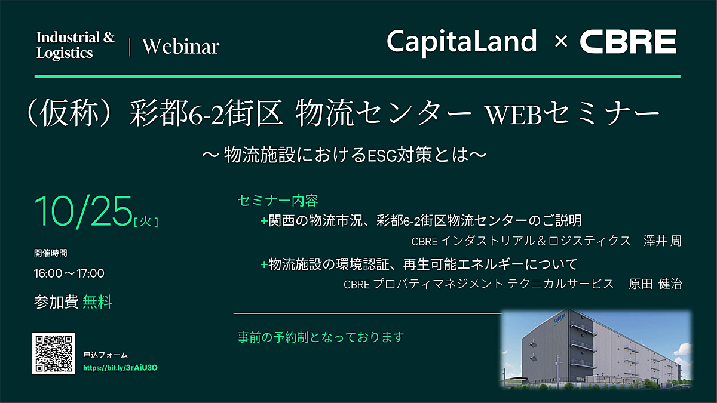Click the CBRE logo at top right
point(628,42)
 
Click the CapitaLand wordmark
point(461,43)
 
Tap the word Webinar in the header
point(180,47)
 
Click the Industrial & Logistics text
point(75,45)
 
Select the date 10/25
point(83,211)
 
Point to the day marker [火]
point(146,221)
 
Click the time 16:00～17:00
point(69,273)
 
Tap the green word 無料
point(97,302)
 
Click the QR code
point(53,353)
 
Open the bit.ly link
point(120,368)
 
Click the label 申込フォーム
point(106,355)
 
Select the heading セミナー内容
point(278,201)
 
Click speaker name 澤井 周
point(663,241)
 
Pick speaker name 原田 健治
point(655,284)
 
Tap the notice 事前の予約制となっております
point(321,337)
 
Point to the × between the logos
point(561,42)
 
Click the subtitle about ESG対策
point(344,155)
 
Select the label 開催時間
point(51,253)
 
